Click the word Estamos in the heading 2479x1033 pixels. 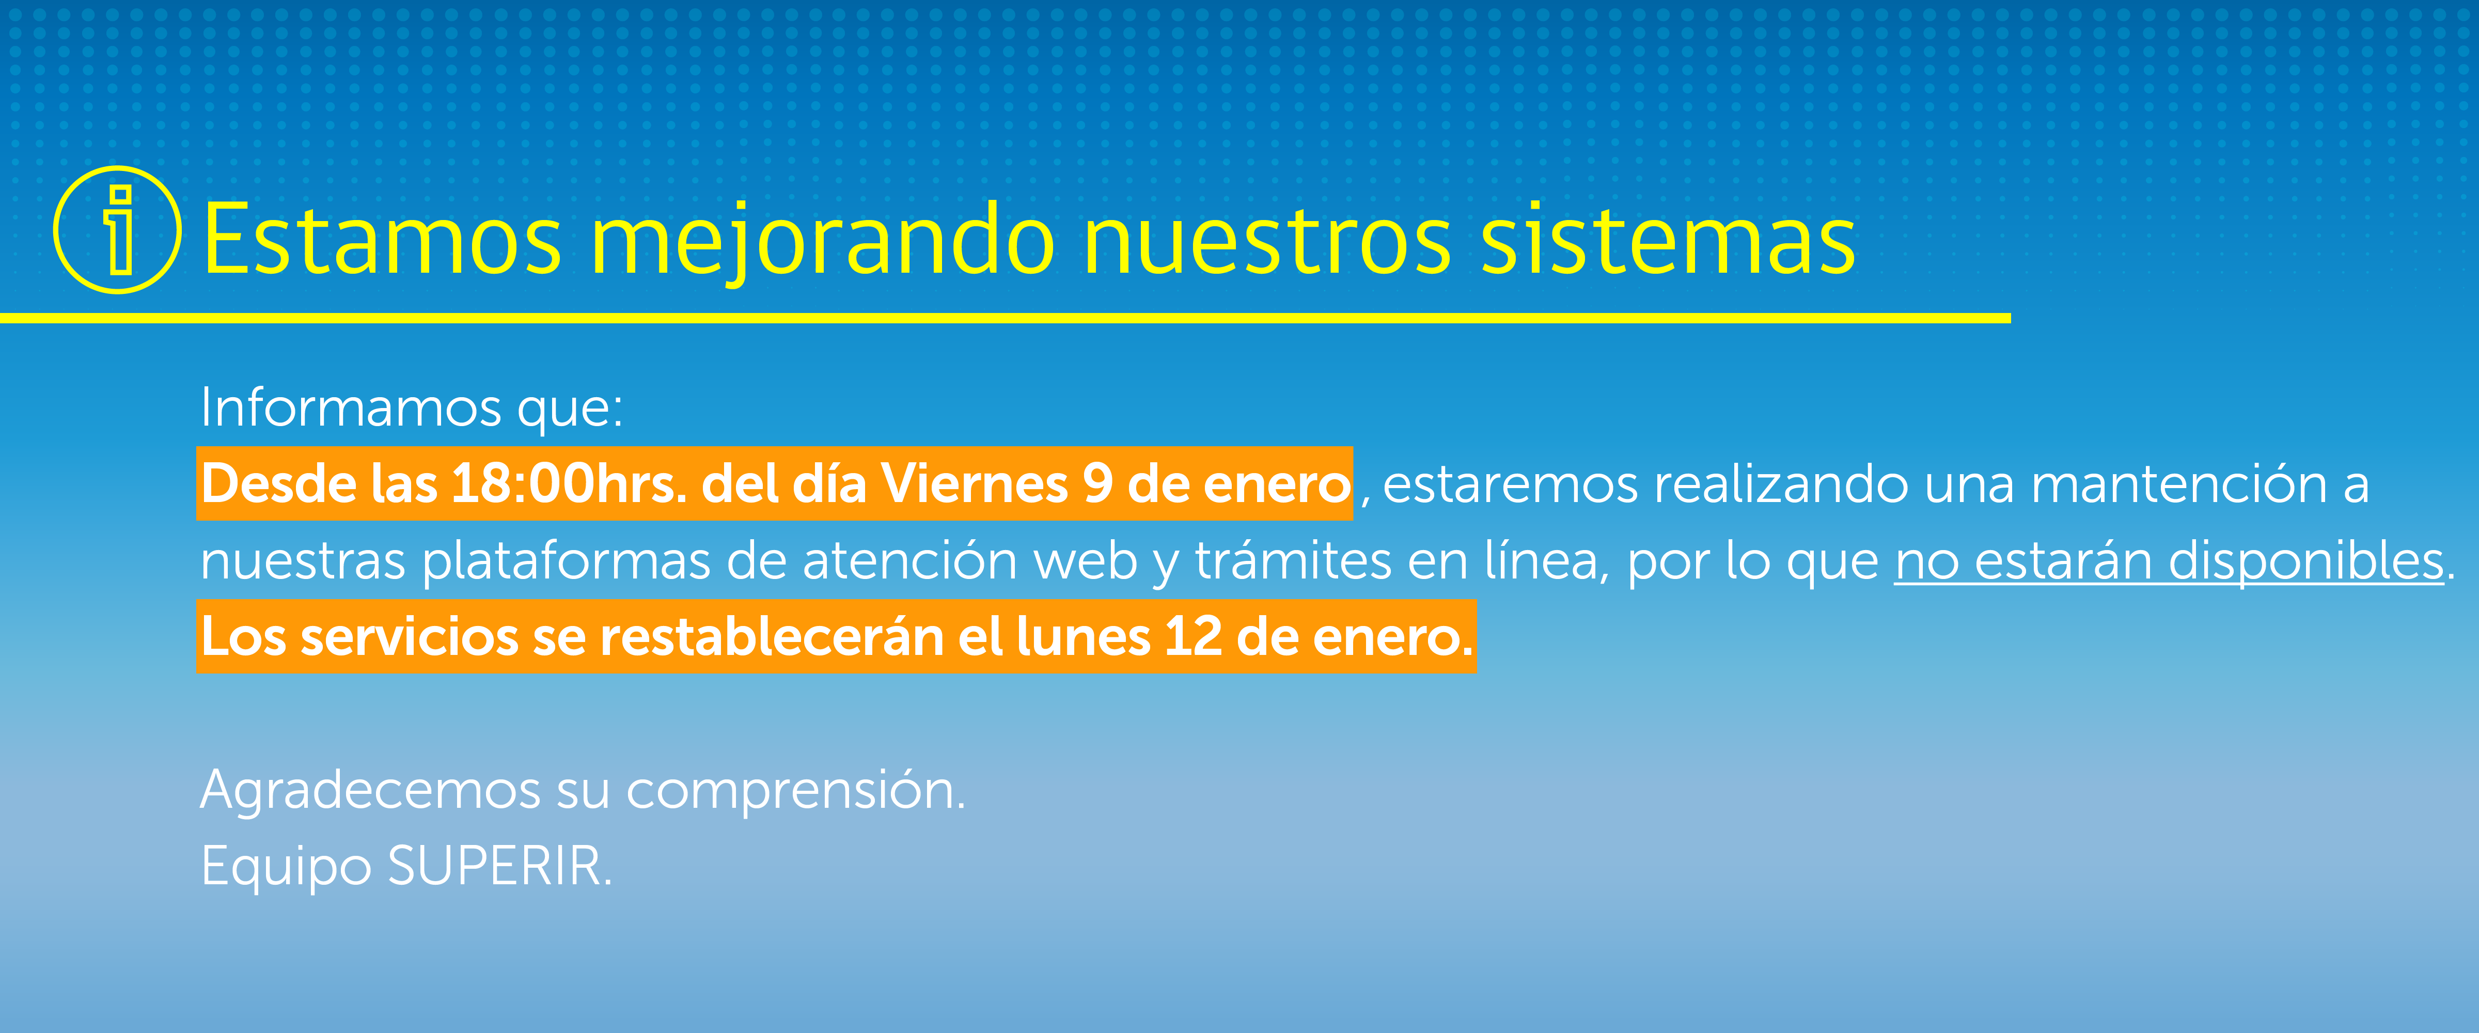point(382,239)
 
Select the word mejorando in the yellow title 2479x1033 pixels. point(823,241)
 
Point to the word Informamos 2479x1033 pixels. point(350,407)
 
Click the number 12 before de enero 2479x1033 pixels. point(1194,636)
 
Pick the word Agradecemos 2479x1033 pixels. point(370,791)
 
